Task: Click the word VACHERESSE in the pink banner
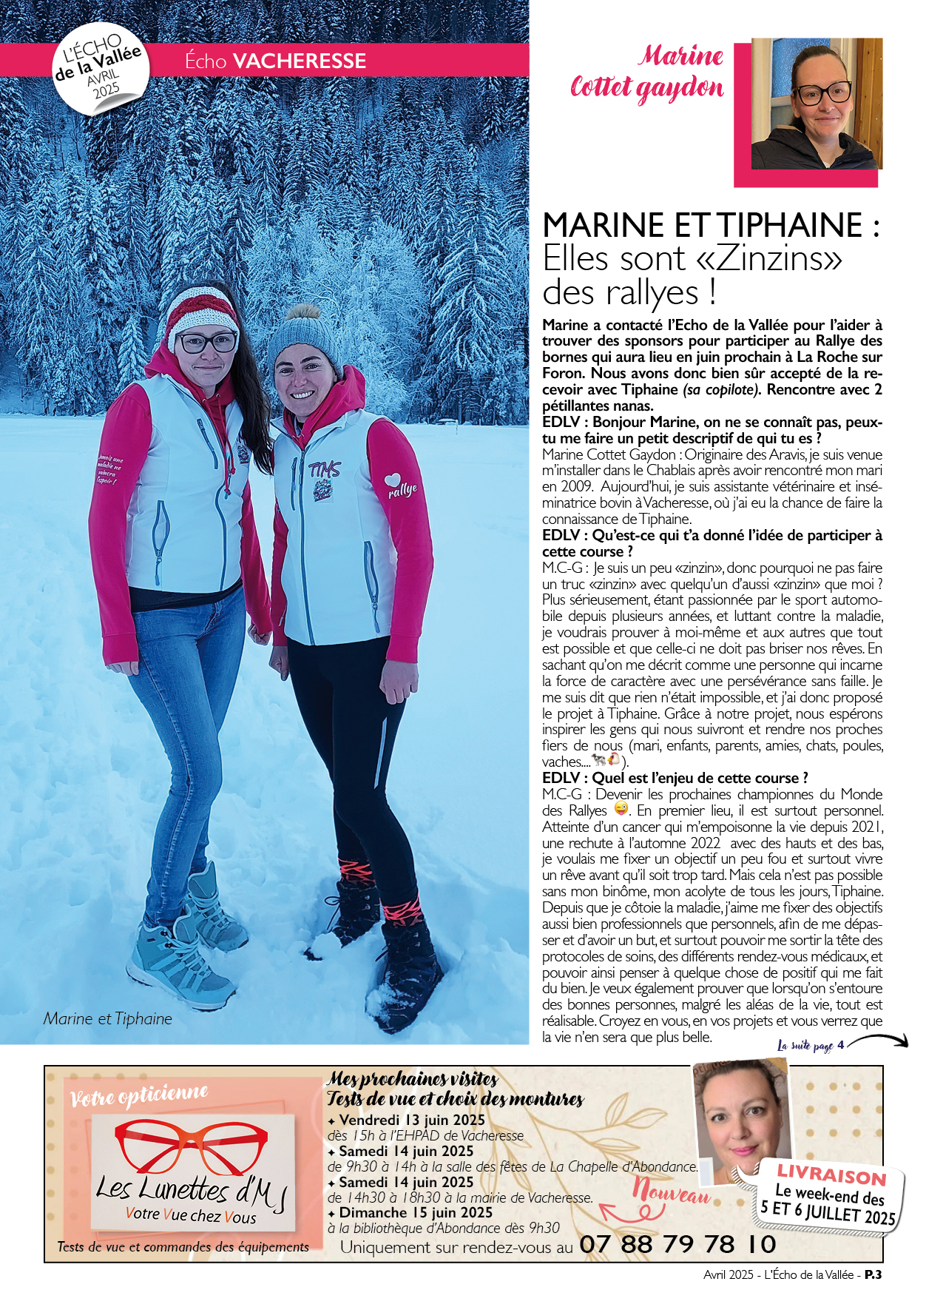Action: tap(299, 61)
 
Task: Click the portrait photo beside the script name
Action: tap(817, 104)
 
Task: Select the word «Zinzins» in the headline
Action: tap(768, 258)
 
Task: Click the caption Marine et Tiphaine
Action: tap(107, 1018)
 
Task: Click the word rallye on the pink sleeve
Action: tap(403, 490)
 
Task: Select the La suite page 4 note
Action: tap(811, 1045)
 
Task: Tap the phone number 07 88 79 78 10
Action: tap(677, 1244)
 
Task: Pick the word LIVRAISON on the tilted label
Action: tap(831, 1174)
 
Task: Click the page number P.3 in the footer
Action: tap(873, 1274)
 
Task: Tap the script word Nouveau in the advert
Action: tap(671, 1192)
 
